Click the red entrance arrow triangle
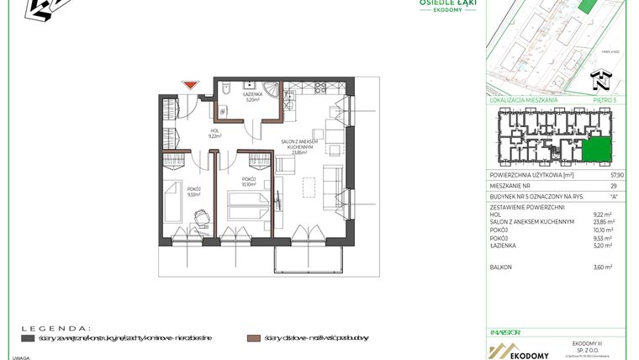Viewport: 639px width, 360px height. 191,85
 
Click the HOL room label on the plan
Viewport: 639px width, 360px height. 214,130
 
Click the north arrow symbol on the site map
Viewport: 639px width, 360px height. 599,82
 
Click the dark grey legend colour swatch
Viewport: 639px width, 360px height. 28,338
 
